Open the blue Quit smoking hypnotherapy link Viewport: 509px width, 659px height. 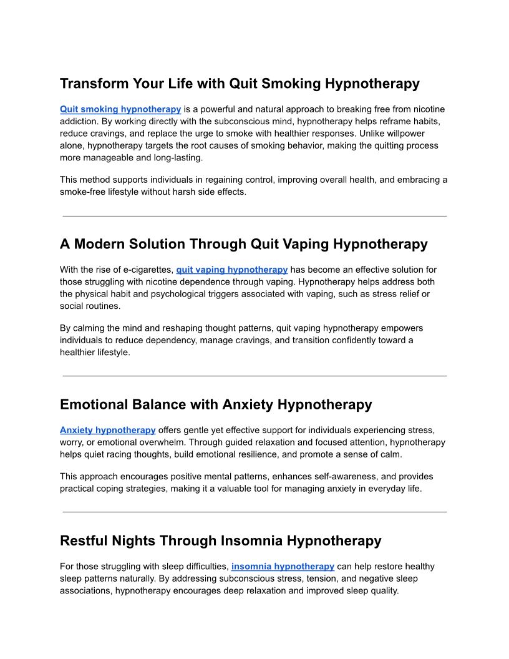(x=120, y=109)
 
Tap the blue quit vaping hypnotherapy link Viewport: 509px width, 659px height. (x=231, y=270)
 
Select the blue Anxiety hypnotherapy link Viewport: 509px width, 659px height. (x=107, y=430)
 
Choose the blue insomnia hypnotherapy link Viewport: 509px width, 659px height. (x=283, y=567)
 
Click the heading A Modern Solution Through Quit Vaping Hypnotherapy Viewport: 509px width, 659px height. (x=243, y=244)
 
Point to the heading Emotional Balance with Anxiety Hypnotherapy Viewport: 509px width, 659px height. (x=216, y=404)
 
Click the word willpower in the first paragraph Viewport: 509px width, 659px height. (x=420, y=134)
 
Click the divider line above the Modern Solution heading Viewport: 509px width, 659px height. (x=254, y=216)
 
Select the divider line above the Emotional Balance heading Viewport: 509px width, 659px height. (x=254, y=376)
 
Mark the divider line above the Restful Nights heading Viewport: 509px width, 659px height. (x=254, y=512)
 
